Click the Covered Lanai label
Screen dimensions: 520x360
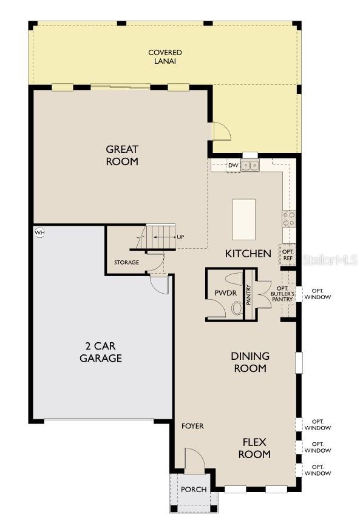coord(165,56)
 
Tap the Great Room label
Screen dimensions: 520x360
coord(122,155)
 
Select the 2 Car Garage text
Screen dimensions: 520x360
coord(101,352)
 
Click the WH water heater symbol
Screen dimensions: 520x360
coord(40,232)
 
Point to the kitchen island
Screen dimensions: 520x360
coord(244,220)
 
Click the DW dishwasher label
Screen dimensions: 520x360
coord(233,165)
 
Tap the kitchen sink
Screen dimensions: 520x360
coord(250,165)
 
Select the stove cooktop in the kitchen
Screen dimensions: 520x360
coord(289,218)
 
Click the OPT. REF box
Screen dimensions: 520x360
coord(288,255)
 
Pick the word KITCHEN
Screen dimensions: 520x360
coord(248,254)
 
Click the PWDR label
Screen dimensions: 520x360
coord(222,293)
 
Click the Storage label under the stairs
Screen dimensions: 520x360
coord(126,262)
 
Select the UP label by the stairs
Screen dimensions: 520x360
coord(180,237)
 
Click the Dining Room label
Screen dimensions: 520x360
coord(250,362)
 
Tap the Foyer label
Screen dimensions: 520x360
coord(192,426)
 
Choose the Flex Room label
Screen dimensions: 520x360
coord(254,448)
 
